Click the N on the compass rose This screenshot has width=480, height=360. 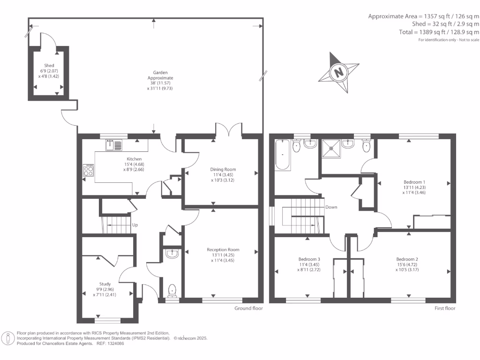pos(338,73)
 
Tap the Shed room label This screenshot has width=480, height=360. pos(49,66)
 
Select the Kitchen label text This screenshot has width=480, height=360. pos(134,159)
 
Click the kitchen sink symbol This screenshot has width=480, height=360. pos(113,145)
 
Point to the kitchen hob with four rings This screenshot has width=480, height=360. pos(89,170)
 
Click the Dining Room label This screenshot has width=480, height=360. pos(223,169)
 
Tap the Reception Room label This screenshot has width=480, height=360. pos(223,250)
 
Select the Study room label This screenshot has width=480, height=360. pos(105,284)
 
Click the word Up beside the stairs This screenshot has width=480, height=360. pos(135,225)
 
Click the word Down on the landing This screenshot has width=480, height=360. pos(331,207)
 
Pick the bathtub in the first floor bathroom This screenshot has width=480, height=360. pos(282,155)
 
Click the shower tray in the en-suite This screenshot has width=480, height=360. pos(331,149)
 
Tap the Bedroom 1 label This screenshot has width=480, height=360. pos(414,182)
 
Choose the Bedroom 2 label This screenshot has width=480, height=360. pos(407,259)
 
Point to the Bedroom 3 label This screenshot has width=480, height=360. pos(309,259)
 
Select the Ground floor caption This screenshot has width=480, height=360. pos(248,308)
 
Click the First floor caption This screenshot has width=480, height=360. pos(445,308)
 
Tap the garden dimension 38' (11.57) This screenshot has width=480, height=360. pos(160,83)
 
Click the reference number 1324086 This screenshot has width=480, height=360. pos(114,344)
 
